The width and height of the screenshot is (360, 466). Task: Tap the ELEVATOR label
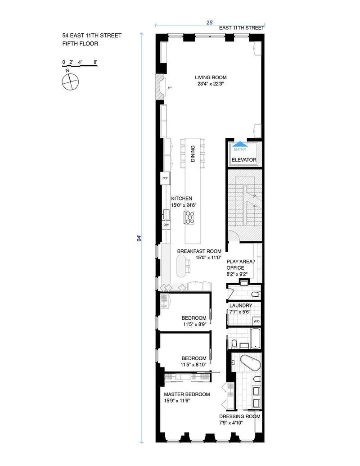[x=244, y=160]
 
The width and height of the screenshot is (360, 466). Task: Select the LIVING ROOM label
[x=211, y=77]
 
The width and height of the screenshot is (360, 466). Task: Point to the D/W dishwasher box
[x=166, y=225]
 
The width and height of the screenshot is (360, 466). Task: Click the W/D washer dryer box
[x=256, y=321]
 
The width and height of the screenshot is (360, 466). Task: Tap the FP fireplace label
[x=170, y=88]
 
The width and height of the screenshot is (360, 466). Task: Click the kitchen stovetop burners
[x=189, y=218]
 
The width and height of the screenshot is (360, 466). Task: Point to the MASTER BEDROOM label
[x=187, y=394]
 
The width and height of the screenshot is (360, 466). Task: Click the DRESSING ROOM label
[x=239, y=416]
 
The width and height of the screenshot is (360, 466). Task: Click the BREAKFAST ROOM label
[x=199, y=251]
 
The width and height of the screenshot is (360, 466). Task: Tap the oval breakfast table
[x=181, y=267]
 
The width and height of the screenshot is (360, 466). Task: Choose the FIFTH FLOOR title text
[x=80, y=44]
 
